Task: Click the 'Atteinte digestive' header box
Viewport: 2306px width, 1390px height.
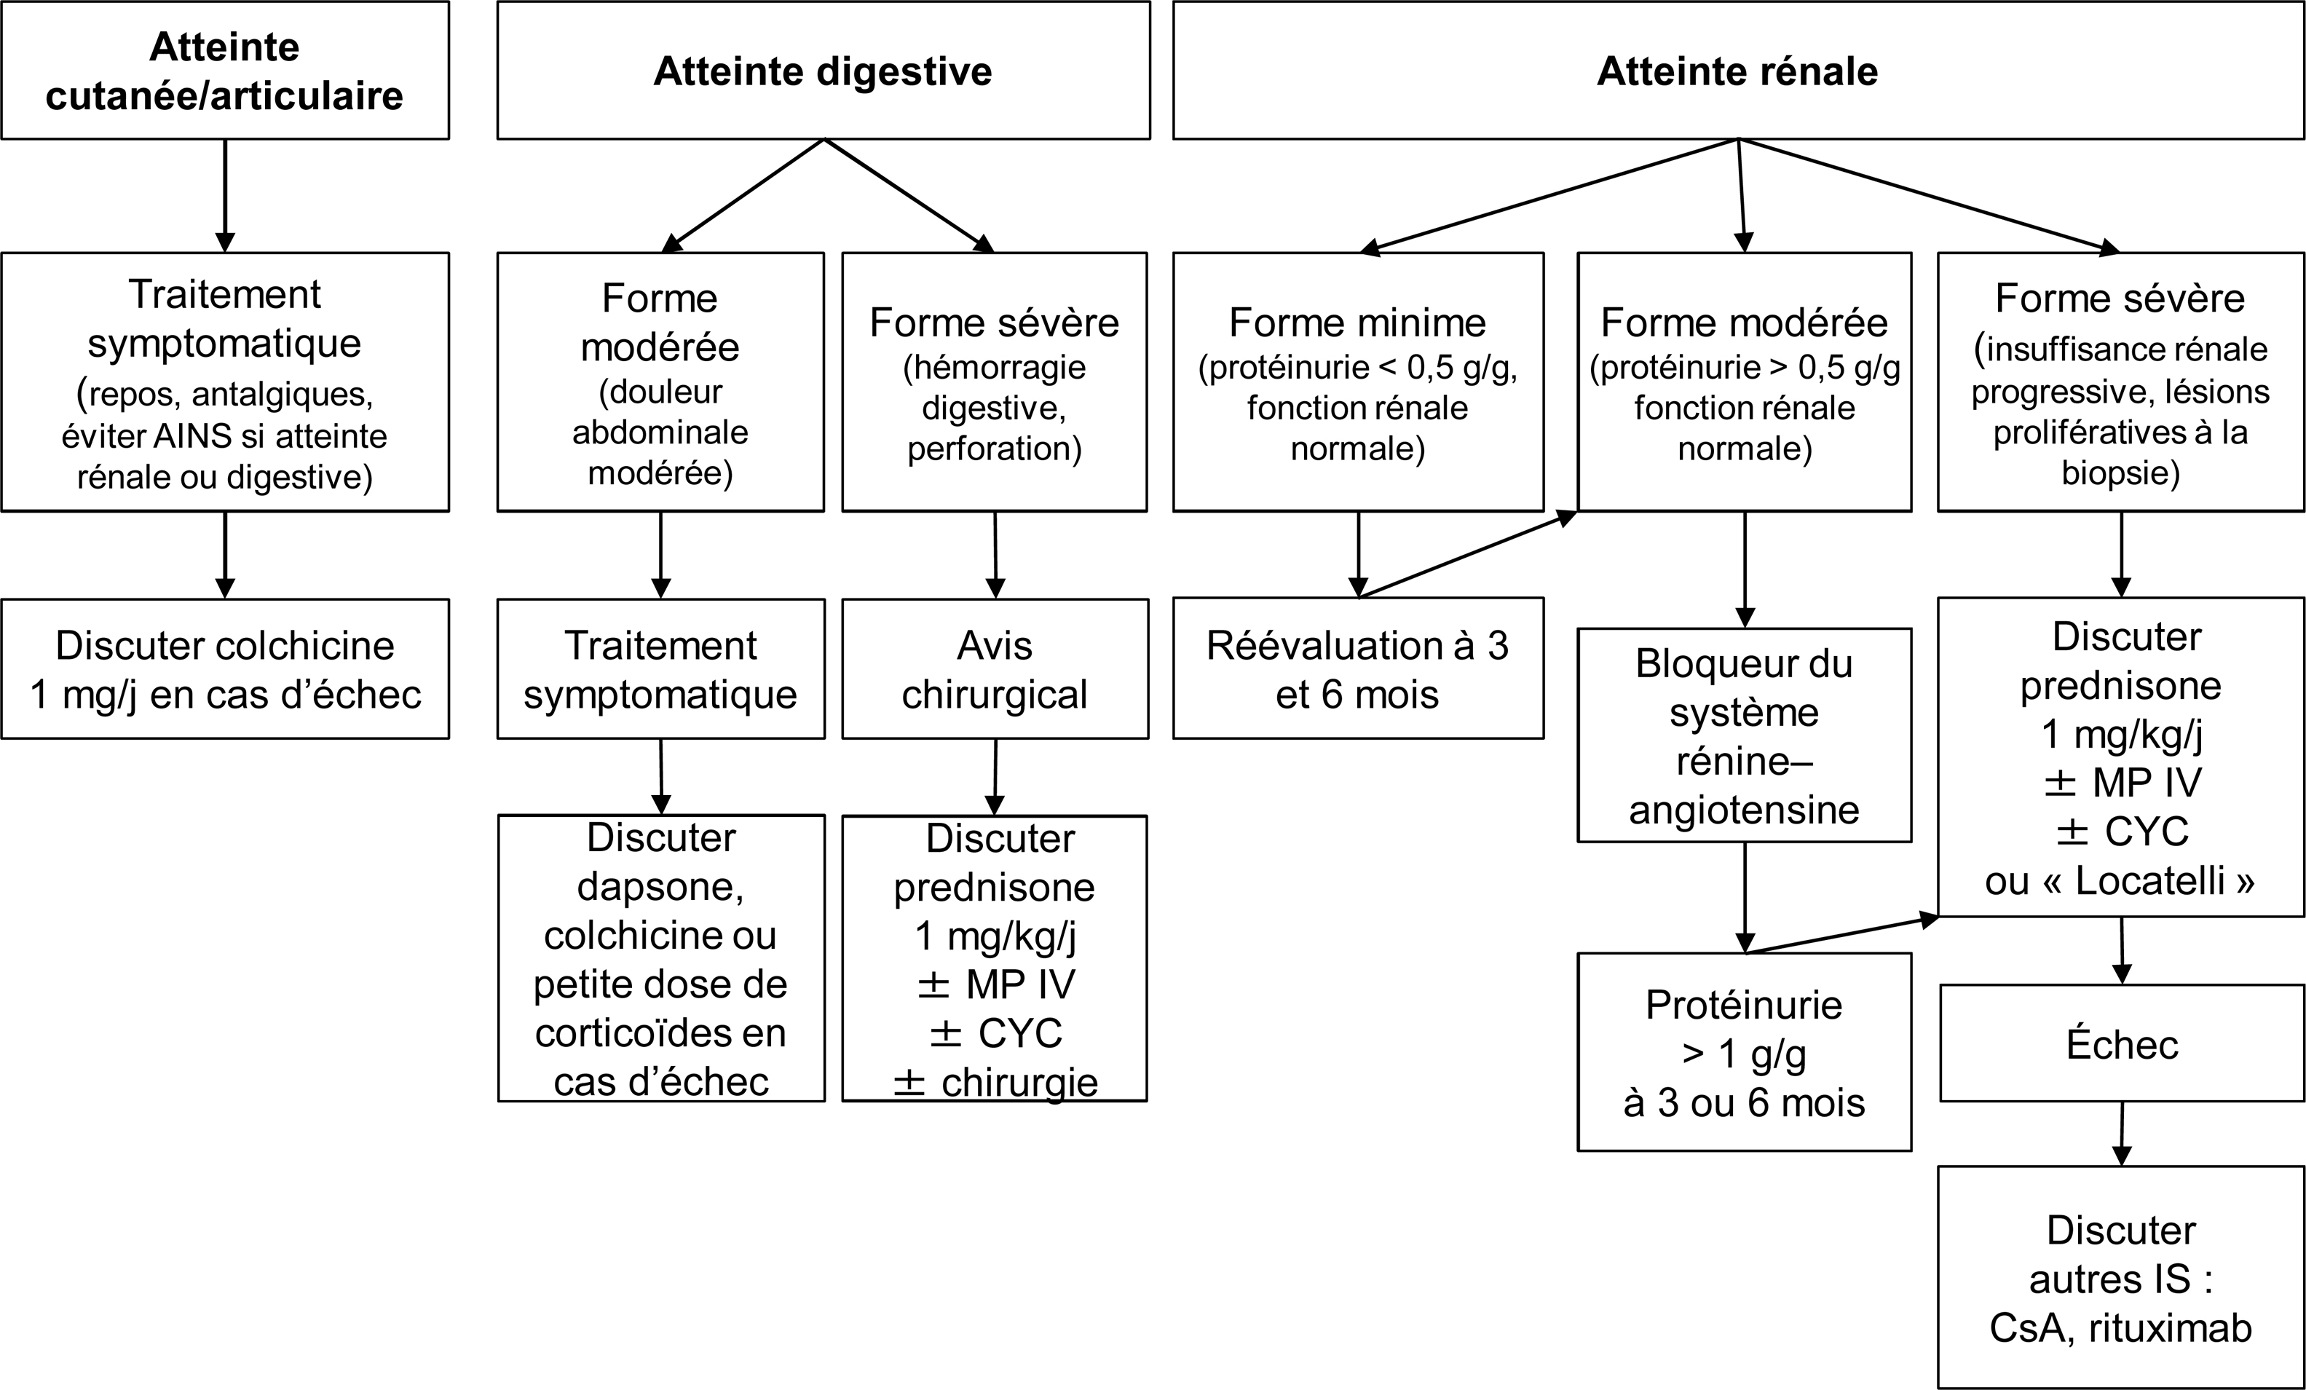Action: (x=824, y=70)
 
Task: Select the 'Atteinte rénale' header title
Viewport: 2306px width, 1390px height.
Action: (x=1738, y=71)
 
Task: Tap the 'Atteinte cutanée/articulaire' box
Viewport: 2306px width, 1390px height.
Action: (x=224, y=70)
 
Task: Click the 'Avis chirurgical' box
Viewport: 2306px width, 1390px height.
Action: (x=995, y=668)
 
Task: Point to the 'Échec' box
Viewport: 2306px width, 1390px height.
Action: (x=2122, y=1043)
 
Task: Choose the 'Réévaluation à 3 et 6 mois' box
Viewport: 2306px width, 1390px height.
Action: (x=1358, y=668)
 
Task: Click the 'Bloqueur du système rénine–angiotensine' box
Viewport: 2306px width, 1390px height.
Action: (x=1745, y=735)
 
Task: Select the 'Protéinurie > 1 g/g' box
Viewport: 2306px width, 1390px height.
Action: (x=1745, y=1052)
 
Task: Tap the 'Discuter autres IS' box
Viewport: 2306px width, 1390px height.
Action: (x=2122, y=1276)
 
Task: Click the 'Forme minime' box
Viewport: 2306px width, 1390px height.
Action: (x=1358, y=382)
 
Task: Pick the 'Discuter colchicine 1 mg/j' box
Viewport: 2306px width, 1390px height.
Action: (x=224, y=668)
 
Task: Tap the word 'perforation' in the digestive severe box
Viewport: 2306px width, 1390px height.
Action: (x=994, y=449)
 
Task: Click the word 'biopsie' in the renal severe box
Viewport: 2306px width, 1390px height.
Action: (x=2121, y=473)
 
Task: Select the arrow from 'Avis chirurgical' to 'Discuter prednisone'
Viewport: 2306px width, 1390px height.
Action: (x=995, y=777)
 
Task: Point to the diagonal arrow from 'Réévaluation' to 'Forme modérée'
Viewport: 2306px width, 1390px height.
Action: (x=1467, y=554)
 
